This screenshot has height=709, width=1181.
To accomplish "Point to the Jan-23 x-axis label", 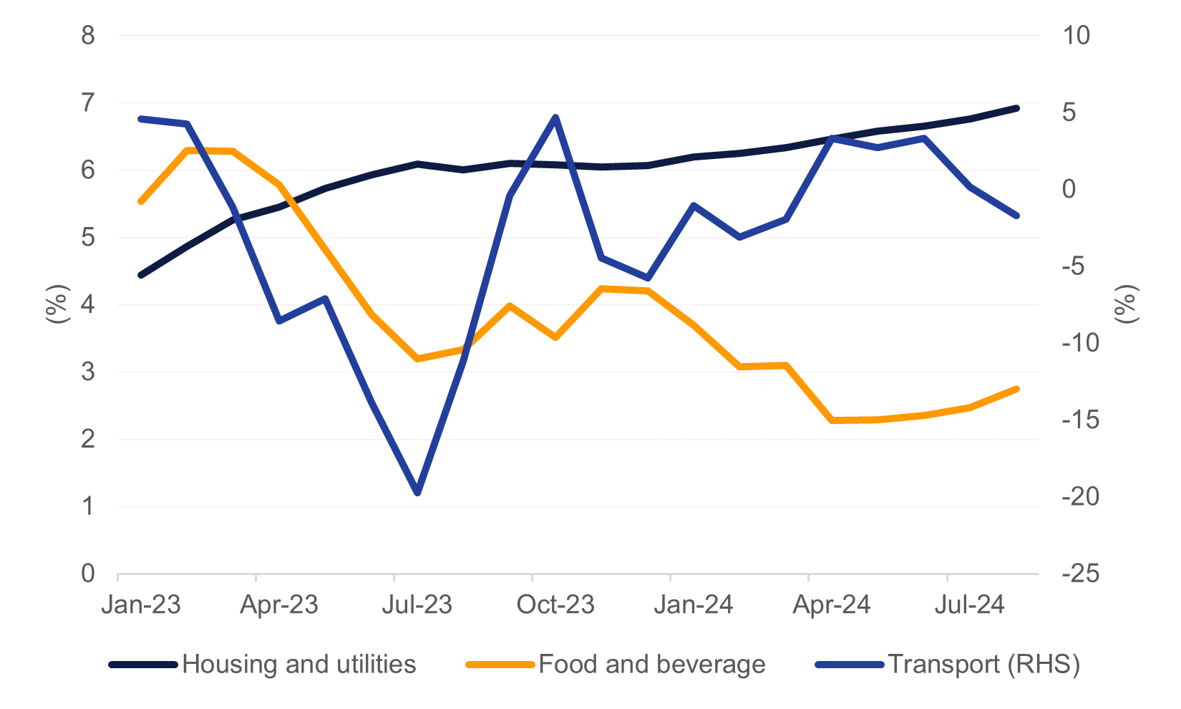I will (141, 605).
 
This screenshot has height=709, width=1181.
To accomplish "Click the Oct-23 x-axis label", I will (555, 605).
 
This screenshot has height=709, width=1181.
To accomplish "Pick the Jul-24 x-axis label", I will (970, 605).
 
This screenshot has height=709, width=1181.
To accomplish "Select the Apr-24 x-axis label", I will (832, 605).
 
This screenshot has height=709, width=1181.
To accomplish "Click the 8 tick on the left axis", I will (88, 35).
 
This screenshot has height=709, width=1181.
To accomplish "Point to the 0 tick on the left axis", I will (88, 573).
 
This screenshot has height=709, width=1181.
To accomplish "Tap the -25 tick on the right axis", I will (1080, 573).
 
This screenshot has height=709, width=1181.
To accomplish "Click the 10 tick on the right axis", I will (1075, 35).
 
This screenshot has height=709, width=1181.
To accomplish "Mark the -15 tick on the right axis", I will (1080, 420).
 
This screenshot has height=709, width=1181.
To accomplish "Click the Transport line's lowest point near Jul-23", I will (417, 493).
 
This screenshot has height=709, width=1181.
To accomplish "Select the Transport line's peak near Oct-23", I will (555, 117).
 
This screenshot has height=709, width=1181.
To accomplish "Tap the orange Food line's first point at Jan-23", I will (141, 202).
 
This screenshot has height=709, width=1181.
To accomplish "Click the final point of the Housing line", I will (1016, 108).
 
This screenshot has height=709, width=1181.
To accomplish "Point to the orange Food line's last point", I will (1016, 389).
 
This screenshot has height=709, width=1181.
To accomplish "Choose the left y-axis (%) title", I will (57, 304).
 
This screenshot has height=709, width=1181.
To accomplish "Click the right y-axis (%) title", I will (1126, 304).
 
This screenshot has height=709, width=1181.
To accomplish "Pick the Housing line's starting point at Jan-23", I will (141, 275).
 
